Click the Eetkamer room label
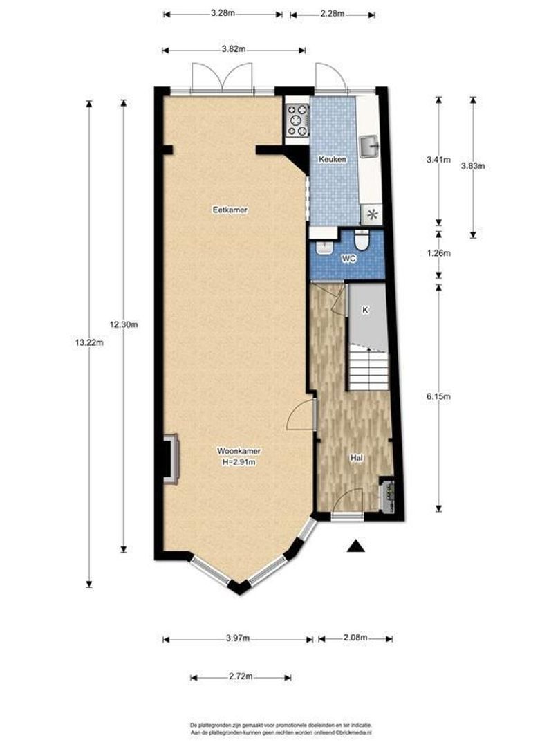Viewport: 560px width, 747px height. pos(230,210)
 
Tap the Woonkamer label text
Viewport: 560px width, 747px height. pos(239,451)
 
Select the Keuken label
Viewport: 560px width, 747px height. pos(333,159)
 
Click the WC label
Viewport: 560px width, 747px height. pos(349,259)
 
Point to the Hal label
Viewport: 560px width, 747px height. pos(357,458)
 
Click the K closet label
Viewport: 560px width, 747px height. pos(365,310)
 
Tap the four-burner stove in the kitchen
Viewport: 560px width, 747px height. pos(297,120)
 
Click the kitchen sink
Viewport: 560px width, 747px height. pos(369,146)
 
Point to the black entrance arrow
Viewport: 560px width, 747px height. pos(356,546)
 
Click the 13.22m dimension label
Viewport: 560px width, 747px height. pos(89,342)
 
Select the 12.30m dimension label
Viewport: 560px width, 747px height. pos(124,325)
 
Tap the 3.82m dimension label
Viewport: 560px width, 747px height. pos(234,49)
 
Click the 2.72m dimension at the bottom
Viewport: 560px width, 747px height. pos(241,676)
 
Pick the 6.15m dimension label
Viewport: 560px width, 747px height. pos(438,396)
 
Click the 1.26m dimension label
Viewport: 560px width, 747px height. pos(438,253)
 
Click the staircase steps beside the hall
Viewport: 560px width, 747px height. pos(368,369)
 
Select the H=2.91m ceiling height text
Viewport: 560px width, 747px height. pos(239,462)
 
